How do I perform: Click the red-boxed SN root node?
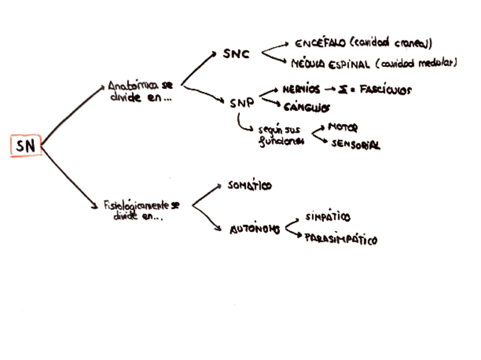pyautogui.click(x=26, y=146)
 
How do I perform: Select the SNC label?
pyautogui.click(x=236, y=54)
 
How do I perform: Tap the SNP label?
pyautogui.click(x=242, y=104)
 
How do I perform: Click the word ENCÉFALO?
pyautogui.click(x=319, y=44)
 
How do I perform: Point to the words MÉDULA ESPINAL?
pyautogui.click(x=331, y=64)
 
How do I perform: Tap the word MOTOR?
pyautogui.click(x=343, y=128)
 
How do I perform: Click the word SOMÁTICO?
pyautogui.click(x=250, y=185)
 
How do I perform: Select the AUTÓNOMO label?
pyautogui.click(x=255, y=230)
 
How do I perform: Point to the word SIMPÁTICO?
pyautogui.click(x=327, y=217)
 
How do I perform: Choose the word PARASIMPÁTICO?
pyautogui.click(x=340, y=239)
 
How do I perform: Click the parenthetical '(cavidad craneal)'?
pyautogui.click(x=391, y=43)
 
